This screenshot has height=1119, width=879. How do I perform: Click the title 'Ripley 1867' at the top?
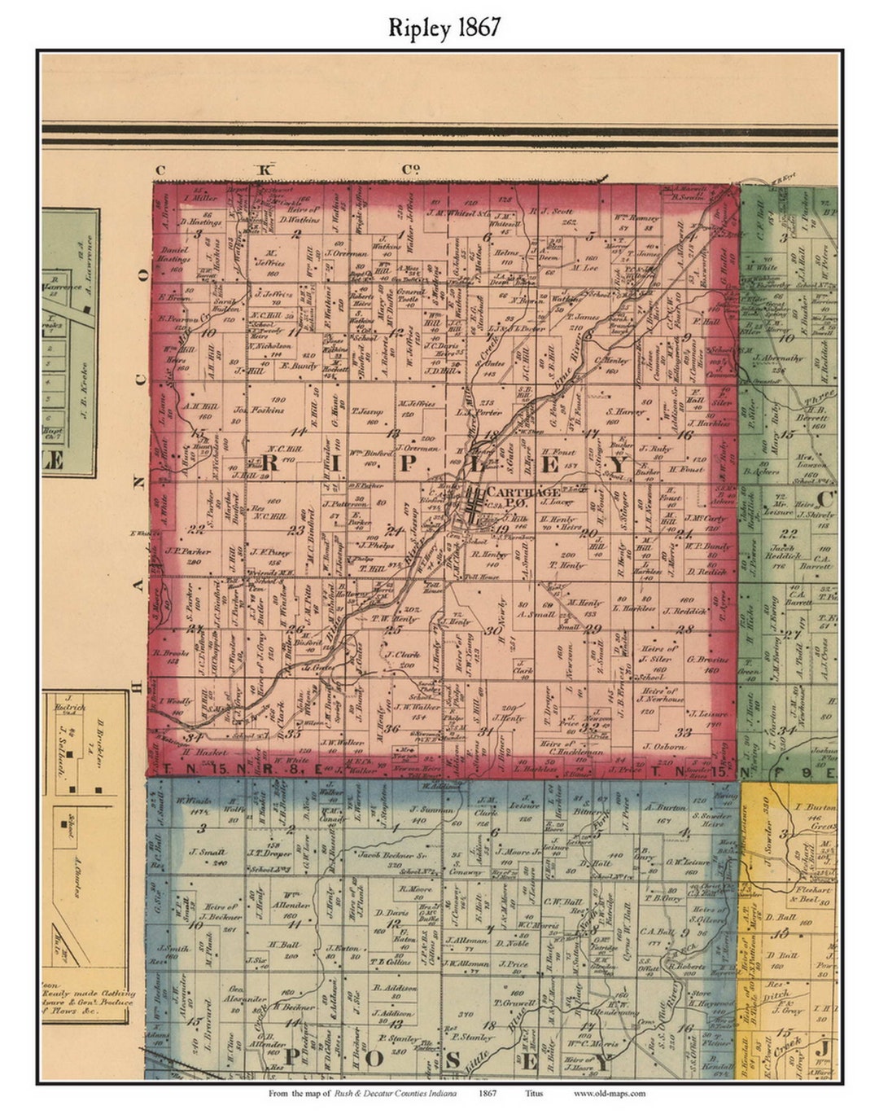pos(444,28)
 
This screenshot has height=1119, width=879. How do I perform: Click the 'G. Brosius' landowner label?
pos(702,659)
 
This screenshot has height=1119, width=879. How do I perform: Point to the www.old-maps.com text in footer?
pos(609,1093)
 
